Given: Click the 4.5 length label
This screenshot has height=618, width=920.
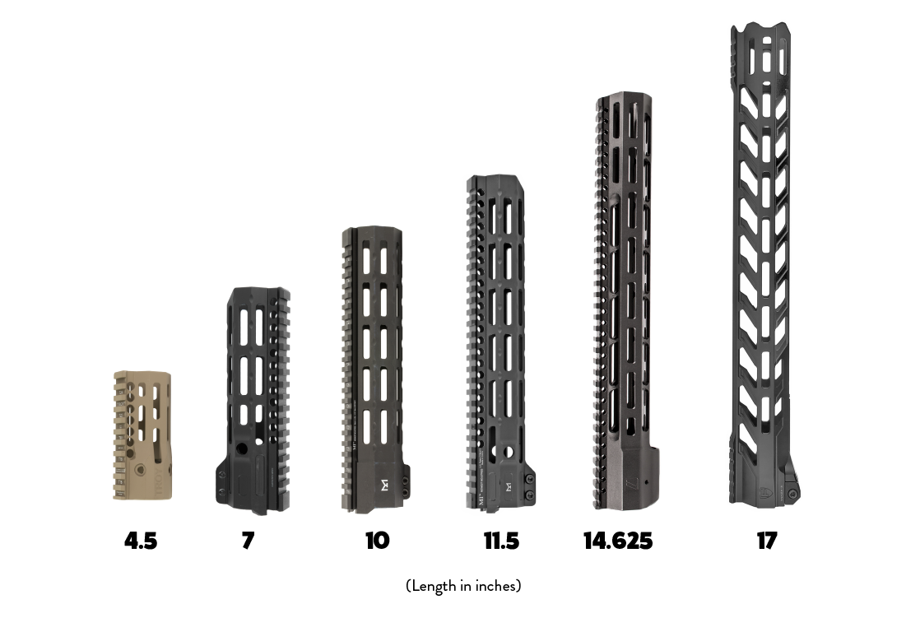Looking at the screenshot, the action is tap(141, 541).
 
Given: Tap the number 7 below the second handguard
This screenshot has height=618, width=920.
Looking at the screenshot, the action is tap(248, 541).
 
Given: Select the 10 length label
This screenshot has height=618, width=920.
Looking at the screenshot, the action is tap(377, 541).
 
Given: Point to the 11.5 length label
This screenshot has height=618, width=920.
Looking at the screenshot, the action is tap(501, 541).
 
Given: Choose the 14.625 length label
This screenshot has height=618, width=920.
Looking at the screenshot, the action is tap(618, 541).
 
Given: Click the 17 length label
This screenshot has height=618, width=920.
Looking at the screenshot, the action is tap(767, 541).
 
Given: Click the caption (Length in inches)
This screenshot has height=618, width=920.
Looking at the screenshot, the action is tap(463, 586).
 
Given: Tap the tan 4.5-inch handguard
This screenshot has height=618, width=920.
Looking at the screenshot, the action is tap(142, 436).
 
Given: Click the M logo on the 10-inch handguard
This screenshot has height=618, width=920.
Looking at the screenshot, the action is tap(383, 483).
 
